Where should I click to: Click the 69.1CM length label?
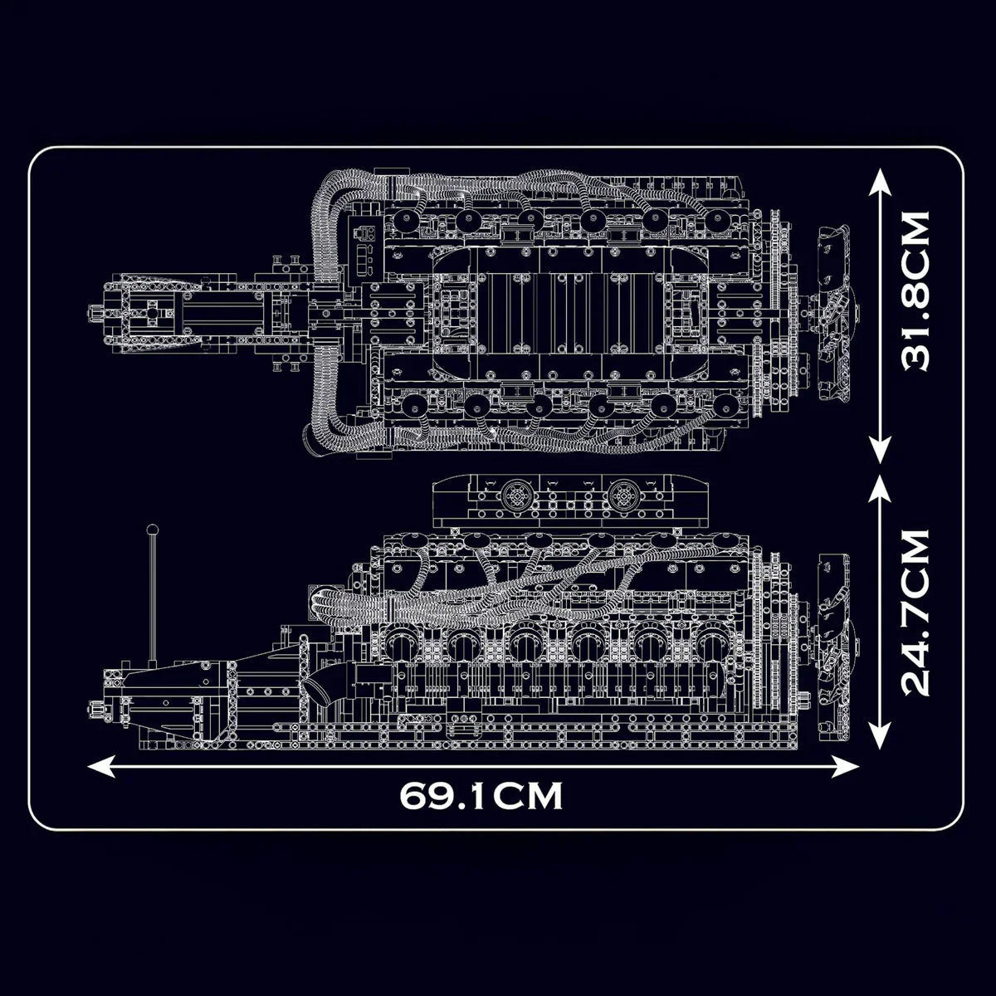point(481,795)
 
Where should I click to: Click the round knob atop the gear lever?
point(152,529)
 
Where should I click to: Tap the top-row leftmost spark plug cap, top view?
point(406,220)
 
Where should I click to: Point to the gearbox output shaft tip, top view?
point(94,313)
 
